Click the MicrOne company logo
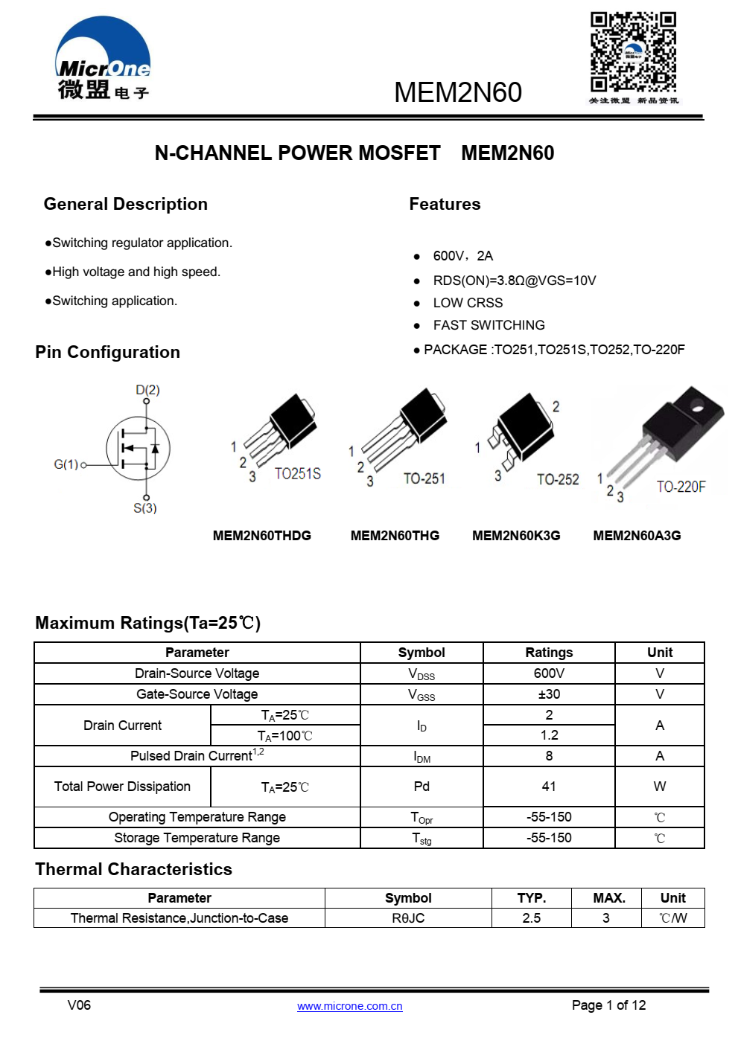tap(103, 60)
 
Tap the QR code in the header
tap(633, 52)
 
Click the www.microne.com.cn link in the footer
tap(349, 1006)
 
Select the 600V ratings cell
tap(549, 673)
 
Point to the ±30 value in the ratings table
tap(549, 694)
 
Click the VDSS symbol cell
tap(422, 674)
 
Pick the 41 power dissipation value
tap(549, 787)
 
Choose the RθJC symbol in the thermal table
tap(408, 918)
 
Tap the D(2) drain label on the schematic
tap(147, 390)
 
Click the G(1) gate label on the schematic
tap(66, 464)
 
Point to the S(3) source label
tap(145, 508)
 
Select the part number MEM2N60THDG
tap(262, 536)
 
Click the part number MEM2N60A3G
tap(637, 536)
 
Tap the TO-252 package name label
tap(558, 480)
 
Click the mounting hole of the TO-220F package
tap(697, 406)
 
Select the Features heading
tap(445, 205)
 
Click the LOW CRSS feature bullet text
tap(468, 303)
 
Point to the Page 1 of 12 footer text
tap(608, 1005)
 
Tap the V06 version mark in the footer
tap(79, 1005)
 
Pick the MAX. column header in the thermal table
tap(608, 898)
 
